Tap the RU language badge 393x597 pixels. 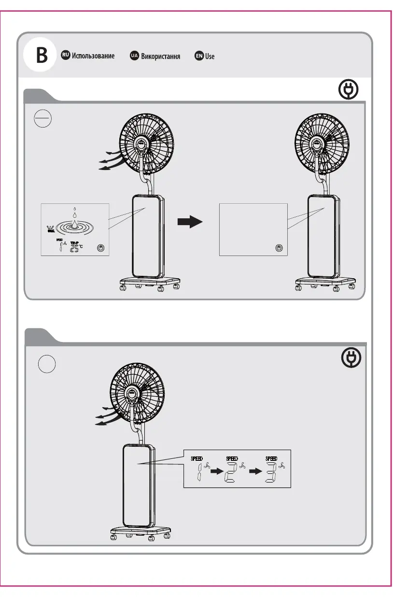pos(65,56)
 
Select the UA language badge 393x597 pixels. pos(135,56)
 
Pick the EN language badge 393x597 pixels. pos(199,56)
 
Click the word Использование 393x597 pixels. pos(93,56)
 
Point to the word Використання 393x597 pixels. pos(161,57)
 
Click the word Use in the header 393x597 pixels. pos(210,57)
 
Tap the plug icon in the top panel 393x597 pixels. pos(349,90)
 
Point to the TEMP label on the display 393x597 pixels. pos(74,242)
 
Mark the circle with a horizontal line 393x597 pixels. pos(43,117)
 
